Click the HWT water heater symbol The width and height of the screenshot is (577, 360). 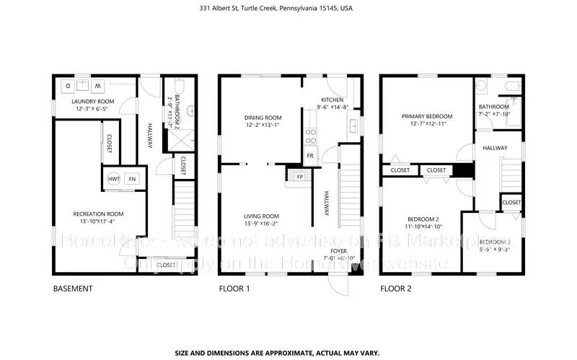113,179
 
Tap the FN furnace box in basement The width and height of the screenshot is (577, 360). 132,179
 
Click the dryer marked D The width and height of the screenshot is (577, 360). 69,85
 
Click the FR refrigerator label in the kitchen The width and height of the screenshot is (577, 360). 310,155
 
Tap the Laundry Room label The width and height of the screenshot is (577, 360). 92,101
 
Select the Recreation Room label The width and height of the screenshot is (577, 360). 98,214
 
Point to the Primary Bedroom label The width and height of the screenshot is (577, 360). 427,116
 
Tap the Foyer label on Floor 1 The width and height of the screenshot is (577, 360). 340,250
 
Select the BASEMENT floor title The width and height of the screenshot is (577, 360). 73,289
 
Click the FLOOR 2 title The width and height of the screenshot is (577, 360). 395,289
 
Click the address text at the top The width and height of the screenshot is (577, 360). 288,9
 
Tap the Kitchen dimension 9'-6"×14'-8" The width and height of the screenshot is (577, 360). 332,107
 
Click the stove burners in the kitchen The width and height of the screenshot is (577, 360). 311,136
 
